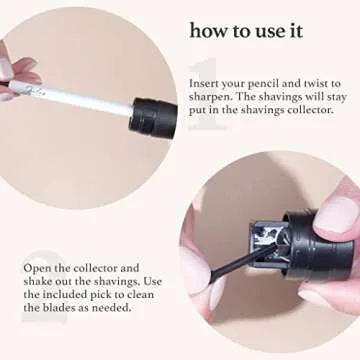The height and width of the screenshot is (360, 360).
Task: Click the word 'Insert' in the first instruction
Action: [x=205, y=83]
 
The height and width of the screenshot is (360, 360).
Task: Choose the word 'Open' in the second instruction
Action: [x=39, y=267]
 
